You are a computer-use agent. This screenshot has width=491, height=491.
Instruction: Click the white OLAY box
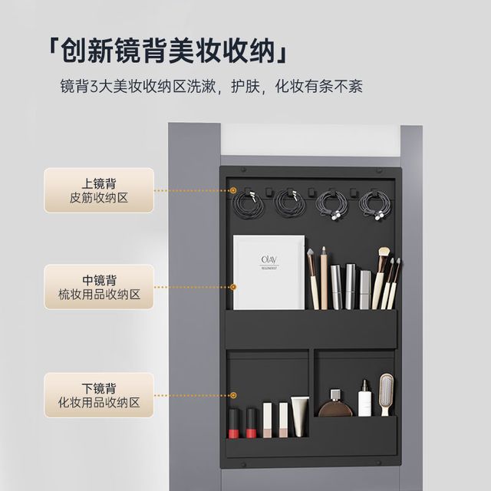[x=269, y=272]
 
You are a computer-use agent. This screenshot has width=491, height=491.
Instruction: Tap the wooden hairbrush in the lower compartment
[x=387, y=394]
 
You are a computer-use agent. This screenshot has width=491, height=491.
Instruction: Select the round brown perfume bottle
[x=335, y=404]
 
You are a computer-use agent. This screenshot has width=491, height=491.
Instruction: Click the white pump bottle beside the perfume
[x=365, y=398]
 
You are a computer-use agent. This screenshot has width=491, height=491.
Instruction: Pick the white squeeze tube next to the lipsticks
[x=300, y=417]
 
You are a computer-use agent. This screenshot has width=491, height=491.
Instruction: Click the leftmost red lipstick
[x=233, y=423]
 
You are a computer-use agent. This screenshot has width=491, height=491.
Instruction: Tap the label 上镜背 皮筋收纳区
[x=99, y=190]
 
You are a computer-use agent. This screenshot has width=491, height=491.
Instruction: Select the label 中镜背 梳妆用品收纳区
[x=99, y=287]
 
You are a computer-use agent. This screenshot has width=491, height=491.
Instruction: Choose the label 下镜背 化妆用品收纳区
[x=99, y=395]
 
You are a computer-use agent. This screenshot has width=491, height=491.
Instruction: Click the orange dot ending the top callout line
[x=233, y=190]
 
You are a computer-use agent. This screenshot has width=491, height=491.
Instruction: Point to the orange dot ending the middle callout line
[x=233, y=287]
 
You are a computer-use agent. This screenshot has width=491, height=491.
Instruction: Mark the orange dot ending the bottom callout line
[x=233, y=395]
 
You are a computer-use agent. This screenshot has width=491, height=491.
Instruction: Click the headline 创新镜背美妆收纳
[x=168, y=51]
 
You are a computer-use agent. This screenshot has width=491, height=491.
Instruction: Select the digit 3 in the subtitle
[x=94, y=87]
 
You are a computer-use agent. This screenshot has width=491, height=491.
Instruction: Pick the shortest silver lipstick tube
[x=365, y=290]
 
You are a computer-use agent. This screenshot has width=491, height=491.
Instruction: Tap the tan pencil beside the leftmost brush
[x=324, y=278]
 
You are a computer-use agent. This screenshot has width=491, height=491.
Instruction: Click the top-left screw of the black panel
[x=243, y=170]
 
